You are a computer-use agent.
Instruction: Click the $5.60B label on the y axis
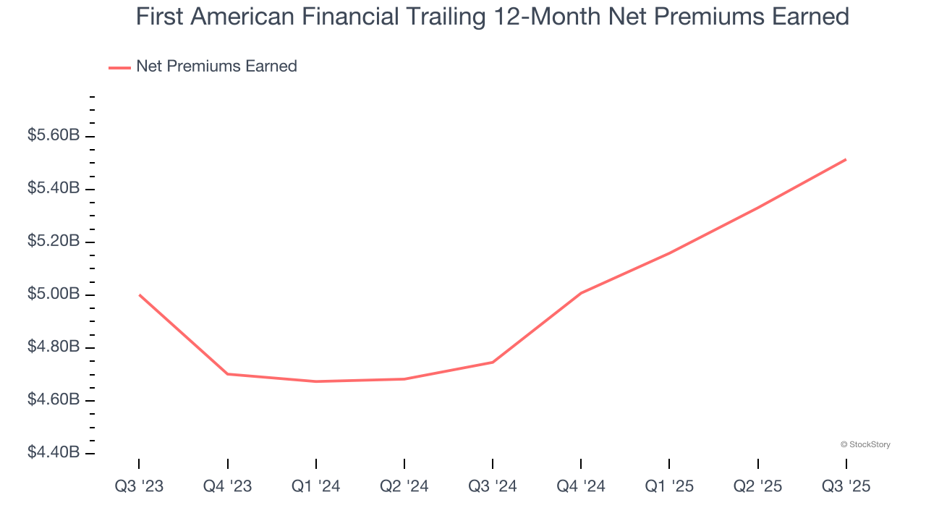pos(54,136)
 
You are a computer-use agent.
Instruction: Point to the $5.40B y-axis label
pos(54,189)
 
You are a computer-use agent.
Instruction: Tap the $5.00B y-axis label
pos(54,295)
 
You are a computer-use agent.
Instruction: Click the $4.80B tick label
pos(54,347)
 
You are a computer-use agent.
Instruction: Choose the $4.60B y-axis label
pos(54,400)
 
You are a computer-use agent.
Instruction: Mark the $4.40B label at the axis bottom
pos(54,453)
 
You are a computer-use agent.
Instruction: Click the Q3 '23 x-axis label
pos(139,487)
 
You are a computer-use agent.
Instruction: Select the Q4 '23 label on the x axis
pos(227,487)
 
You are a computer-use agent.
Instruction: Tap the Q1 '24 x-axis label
pos(316,487)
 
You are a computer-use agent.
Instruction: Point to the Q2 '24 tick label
pos(404,487)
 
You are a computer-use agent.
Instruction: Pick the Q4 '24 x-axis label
pos(581,487)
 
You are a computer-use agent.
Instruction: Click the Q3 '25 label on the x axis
pos(846,487)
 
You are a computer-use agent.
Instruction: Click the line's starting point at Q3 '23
pos(139,295)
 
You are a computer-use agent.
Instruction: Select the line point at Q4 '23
pos(227,374)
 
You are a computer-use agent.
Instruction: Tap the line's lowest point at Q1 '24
pos(316,381)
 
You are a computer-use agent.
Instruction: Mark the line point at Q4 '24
pos(581,293)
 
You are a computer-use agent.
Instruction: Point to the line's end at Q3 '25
pos(846,160)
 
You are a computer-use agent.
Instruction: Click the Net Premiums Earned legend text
pos(216,67)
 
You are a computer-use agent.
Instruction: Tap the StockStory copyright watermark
pos(865,444)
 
